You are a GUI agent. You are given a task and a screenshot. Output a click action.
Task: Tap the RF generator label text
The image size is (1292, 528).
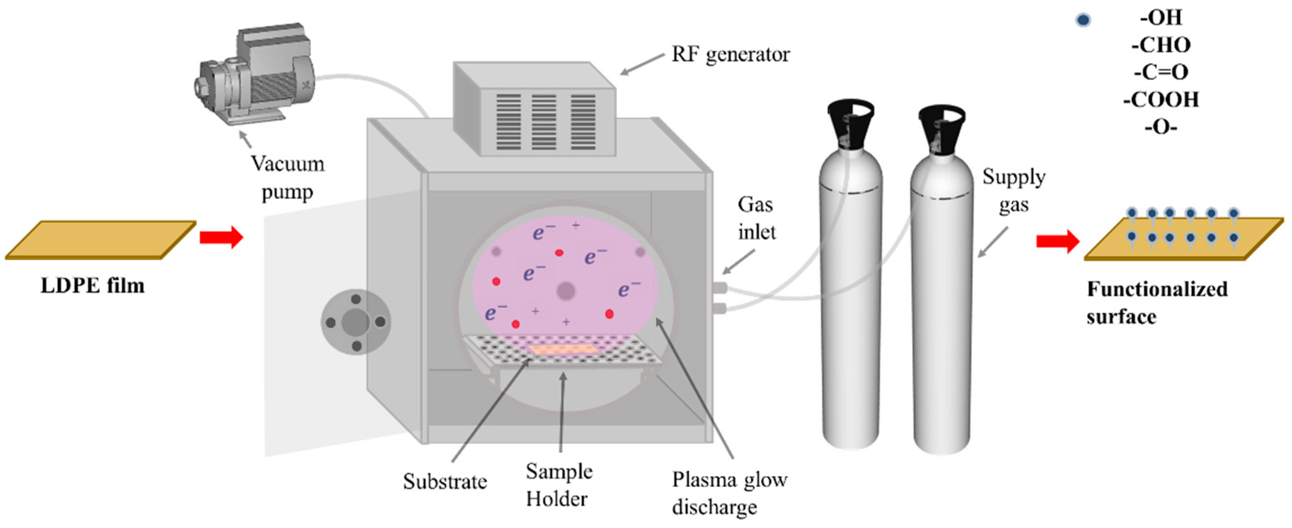coord(730,54)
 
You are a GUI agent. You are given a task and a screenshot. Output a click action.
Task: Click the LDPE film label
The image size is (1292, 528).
coord(92,286)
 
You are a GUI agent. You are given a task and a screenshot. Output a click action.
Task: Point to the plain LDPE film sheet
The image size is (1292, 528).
coord(100,240)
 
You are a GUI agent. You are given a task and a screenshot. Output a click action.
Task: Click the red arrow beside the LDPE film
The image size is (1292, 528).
coord(221,237)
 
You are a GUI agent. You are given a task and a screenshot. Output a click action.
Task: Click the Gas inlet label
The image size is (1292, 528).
coord(756,218)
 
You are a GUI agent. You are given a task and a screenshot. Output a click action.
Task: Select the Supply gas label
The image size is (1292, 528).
coord(1013,191)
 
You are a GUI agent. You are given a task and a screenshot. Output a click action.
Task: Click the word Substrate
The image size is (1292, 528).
coord(445,482)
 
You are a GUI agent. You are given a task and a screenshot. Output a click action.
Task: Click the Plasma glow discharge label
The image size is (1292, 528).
coord(729,494)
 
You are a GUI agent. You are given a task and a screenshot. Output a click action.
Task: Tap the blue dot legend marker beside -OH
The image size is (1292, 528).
coord(1083,20)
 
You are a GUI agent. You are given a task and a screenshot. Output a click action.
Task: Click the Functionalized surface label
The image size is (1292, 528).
coord(1156,303)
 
